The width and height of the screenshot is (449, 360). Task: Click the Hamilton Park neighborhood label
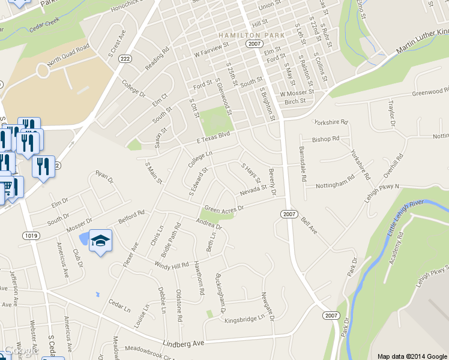point(252,35)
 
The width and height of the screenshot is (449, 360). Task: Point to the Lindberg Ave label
point(184,343)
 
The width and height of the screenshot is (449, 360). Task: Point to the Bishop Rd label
point(326,139)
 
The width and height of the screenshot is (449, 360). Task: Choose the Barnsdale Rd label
point(304,164)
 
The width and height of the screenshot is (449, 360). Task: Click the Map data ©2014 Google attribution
point(412,356)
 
